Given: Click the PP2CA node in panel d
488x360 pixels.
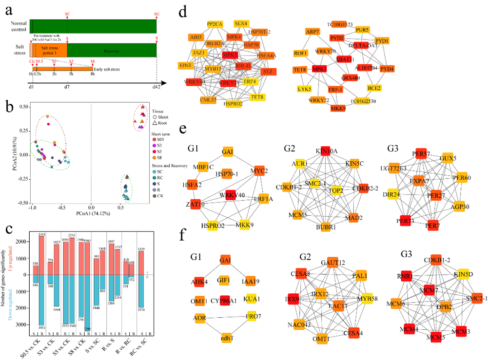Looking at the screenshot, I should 215,24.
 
